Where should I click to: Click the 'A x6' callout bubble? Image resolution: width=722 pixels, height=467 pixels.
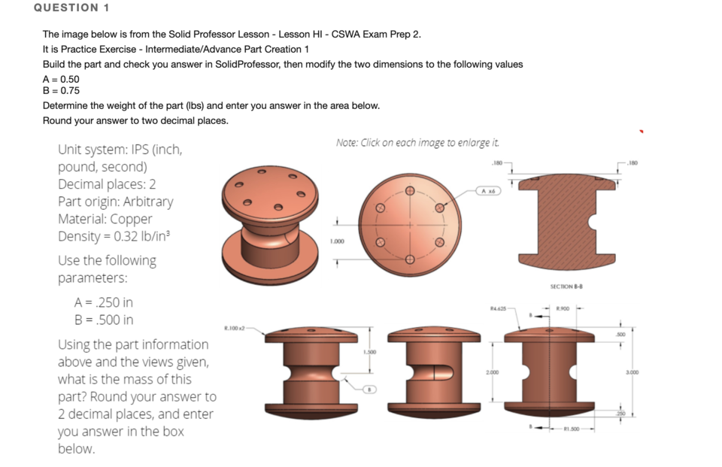click(488, 191)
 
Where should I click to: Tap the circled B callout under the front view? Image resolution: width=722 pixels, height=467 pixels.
click(369, 390)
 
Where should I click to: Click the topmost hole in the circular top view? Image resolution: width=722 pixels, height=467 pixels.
click(410, 191)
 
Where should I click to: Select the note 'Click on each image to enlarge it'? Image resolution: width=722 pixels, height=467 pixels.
click(417, 142)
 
